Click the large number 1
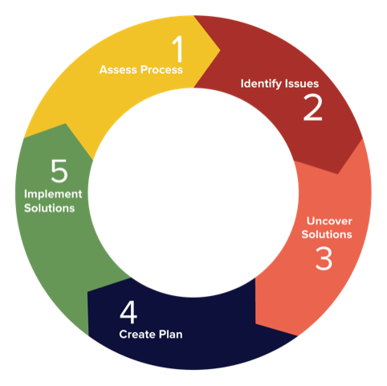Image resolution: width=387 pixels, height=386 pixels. (x=177, y=48)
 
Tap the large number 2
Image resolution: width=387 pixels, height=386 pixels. (x=313, y=108)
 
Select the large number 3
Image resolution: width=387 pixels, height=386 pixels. (x=324, y=259)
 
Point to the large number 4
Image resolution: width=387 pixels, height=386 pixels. (x=128, y=312)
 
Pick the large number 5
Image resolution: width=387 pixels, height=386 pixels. (x=59, y=171)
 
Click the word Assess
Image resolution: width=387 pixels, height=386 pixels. (x=119, y=70)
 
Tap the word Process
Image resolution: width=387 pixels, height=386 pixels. (x=161, y=70)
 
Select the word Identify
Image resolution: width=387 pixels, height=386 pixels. (x=262, y=84)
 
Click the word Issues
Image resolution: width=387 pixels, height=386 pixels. (x=302, y=84)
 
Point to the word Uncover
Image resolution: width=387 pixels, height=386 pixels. (x=329, y=221)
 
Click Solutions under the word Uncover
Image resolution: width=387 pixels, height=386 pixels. (x=327, y=235)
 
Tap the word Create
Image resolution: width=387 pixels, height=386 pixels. (x=137, y=335)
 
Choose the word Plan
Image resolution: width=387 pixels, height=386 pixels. (x=170, y=335)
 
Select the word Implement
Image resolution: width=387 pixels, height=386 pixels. (x=53, y=195)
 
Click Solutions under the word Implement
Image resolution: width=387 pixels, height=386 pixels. (x=49, y=208)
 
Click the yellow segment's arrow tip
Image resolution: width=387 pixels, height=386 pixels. (x=220, y=50)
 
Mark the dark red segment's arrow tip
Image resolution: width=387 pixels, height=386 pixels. (x=338, y=174)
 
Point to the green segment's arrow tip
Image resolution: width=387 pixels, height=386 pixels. (x=66, y=124)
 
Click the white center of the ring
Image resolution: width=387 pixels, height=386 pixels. (x=193, y=192)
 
